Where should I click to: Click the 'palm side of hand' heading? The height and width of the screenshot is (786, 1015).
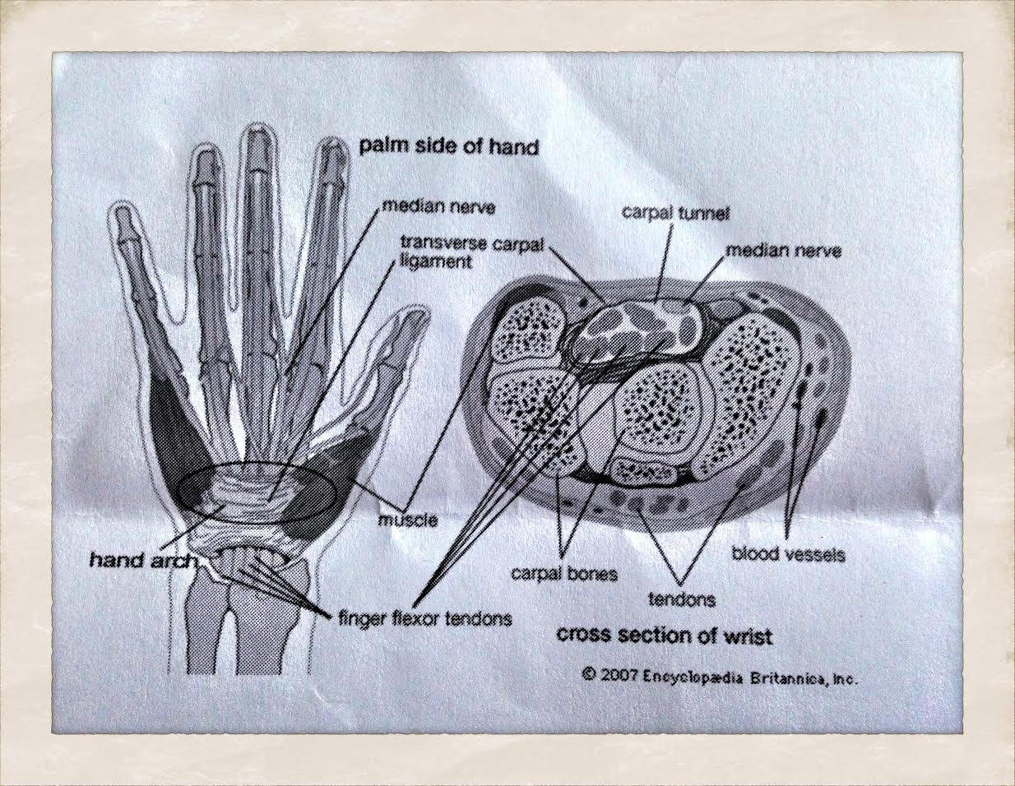(x=448, y=147)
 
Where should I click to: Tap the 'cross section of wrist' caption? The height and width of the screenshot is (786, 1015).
(x=665, y=636)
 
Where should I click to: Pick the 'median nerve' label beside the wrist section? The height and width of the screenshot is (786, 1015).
(x=782, y=251)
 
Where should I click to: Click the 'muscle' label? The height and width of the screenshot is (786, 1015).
(x=407, y=520)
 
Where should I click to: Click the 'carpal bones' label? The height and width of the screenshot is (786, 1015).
(x=563, y=573)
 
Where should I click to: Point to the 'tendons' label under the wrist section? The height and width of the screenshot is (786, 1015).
(x=682, y=599)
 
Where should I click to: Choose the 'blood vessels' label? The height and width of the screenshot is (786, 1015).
(x=788, y=554)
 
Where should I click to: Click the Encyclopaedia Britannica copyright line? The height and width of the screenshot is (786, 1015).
(x=720, y=677)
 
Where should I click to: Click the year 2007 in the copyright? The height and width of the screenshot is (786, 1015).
(x=618, y=677)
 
